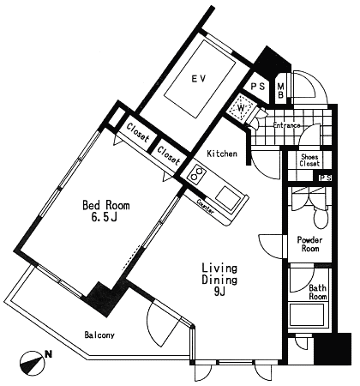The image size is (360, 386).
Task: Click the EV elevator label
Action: click(x=199, y=78)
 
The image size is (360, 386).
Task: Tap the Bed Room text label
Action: click(x=106, y=205)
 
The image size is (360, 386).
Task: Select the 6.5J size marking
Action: click(x=104, y=218)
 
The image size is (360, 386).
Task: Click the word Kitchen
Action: click(x=222, y=154)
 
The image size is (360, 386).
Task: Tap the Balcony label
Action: click(x=99, y=335)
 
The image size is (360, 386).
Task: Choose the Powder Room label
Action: click(x=309, y=244)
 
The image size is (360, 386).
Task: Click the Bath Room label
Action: click(x=317, y=292)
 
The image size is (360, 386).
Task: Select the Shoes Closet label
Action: click(x=309, y=160)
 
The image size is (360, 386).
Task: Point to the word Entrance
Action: click(x=286, y=125)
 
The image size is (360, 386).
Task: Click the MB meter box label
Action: click(x=280, y=90)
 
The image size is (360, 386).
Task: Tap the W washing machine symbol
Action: click(x=242, y=108)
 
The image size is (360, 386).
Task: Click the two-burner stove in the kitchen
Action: click(x=197, y=173)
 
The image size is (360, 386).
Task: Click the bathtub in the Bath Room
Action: click(x=307, y=315)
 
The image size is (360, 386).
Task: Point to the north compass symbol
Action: click(x=33, y=363)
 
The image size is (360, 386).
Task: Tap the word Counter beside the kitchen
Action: click(x=205, y=207)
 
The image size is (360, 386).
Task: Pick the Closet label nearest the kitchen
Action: click(x=169, y=156)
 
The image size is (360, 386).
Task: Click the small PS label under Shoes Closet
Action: click(x=325, y=178)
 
